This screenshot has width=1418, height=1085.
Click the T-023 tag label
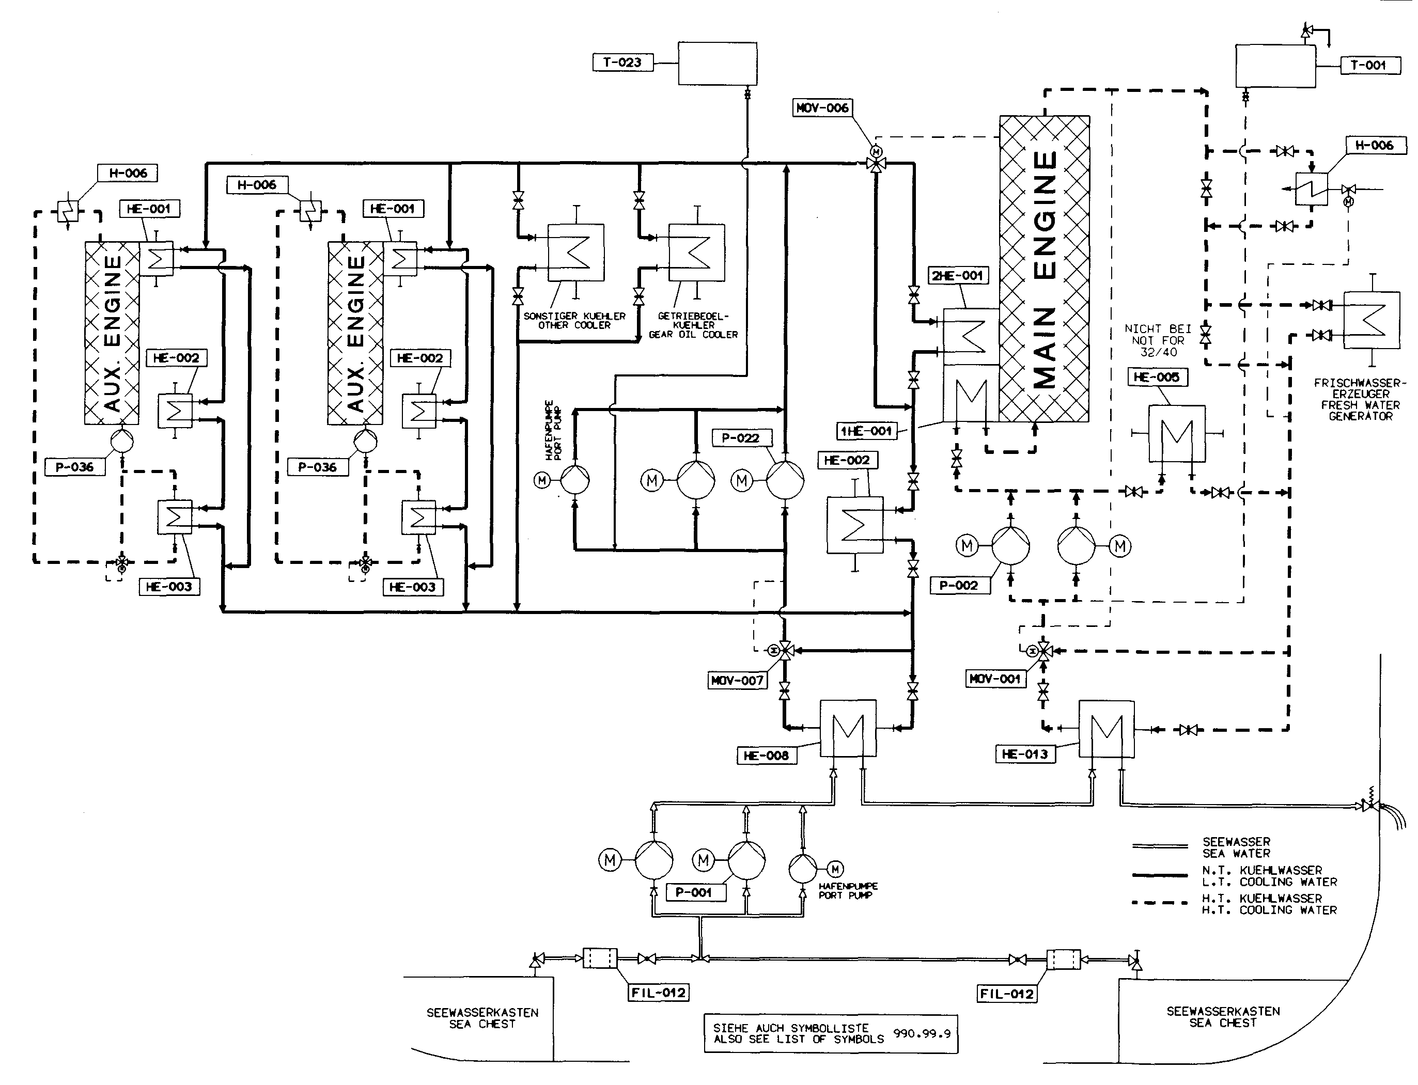tap(622, 62)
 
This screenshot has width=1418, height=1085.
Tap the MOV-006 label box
tap(822, 108)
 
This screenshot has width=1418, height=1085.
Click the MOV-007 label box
tap(737, 680)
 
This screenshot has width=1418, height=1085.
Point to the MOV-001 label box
tap(995, 679)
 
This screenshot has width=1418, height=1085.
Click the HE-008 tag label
tap(766, 755)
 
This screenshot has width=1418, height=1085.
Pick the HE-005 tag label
tap(1157, 377)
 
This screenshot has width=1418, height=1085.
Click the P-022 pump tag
tap(740, 438)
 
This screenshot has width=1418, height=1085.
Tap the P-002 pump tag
tap(959, 585)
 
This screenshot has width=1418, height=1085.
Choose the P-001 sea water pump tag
tap(693, 892)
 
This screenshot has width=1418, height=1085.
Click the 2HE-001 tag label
tap(957, 275)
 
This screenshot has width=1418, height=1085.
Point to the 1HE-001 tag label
tap(866, 431)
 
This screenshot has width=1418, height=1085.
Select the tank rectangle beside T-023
tap(717, 64)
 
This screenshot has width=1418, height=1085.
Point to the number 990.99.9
tap(922, 1033)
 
